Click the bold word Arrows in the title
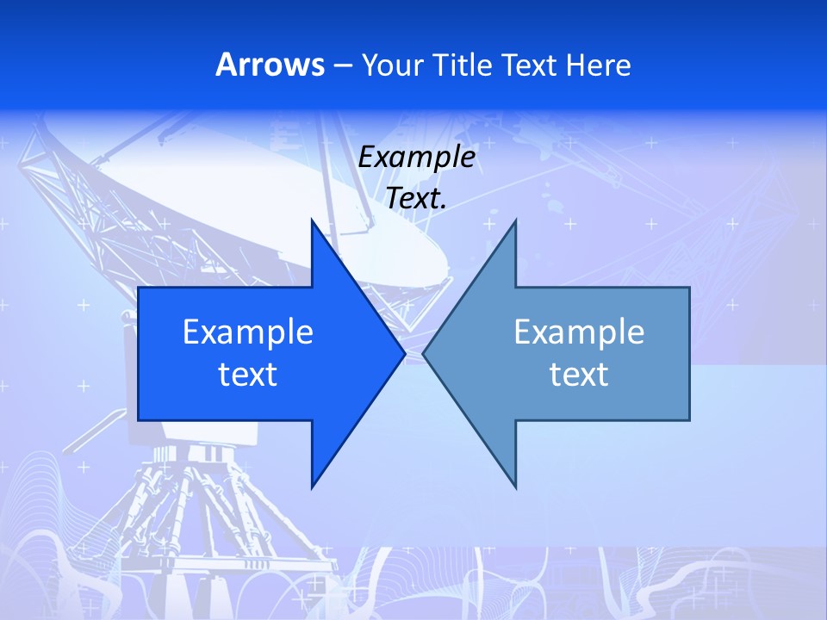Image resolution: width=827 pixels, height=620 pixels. [x=270, y=65]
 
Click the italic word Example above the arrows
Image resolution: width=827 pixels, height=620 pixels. [x=416, y=157]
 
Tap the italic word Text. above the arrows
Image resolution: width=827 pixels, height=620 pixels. [x=416, y=198]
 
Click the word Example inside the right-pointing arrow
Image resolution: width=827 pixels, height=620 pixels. [x=248, y=332]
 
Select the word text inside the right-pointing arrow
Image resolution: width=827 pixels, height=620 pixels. [x=248, y=375]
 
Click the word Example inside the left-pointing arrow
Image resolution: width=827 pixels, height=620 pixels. [x=579, y=332]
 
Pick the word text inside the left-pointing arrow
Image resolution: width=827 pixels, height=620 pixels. [x=579, y=375]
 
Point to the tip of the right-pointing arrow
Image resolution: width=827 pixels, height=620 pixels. [x=404, y=353]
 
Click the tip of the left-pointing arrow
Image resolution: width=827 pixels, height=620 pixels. [x=424, y=353]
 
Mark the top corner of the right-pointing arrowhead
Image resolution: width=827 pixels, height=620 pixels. [x=312, y=220]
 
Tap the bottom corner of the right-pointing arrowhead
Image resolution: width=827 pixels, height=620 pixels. [x=312, y=487]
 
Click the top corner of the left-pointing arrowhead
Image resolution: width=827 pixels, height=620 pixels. [x=515, y=220]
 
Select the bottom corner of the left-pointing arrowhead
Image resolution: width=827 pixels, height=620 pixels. [x=515, y=487]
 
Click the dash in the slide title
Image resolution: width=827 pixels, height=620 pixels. [x=341, y=65]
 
